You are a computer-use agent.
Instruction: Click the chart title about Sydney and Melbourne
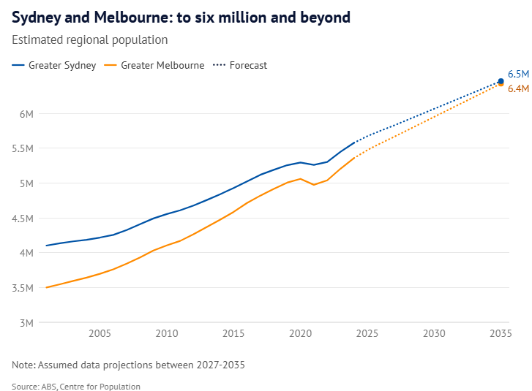(x=181, y=16)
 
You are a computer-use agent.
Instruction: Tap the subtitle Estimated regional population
(x=90, y=40)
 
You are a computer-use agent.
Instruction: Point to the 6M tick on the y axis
(x=26, y=114)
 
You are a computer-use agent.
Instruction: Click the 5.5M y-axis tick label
(x=23, y=148)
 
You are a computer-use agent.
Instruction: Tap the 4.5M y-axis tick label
(x=23, y=219)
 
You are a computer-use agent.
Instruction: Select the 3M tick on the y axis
(x=26, y=322)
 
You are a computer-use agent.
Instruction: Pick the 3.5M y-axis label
(x=23, y=288)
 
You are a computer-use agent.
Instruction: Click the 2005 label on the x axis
(x=100, y=334)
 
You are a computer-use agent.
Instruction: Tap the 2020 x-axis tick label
(x=300, y=334)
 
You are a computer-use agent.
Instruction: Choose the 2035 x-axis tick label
(x=501, y=334)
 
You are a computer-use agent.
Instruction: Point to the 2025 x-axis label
(x=367, y=334)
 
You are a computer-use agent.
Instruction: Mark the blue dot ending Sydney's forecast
(x=501, y=81)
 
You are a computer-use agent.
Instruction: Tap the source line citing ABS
(x=76, y=386)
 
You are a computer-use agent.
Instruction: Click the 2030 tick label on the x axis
(x=434, y=334)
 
